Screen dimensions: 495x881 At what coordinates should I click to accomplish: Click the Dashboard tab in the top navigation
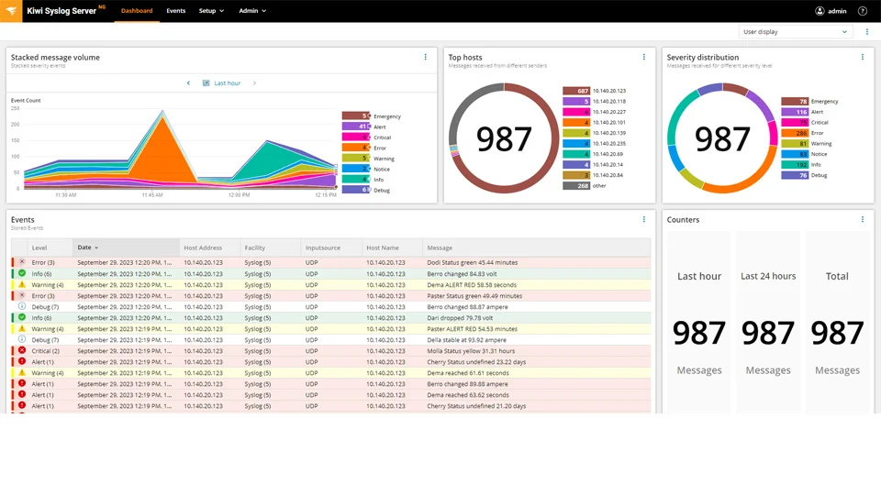[x=137, y=11]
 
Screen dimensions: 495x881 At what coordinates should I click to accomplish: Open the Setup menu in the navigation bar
[x=211, y=11]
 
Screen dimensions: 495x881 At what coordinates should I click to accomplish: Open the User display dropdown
[x=796, y=31]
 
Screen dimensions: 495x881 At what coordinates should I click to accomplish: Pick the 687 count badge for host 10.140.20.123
[x=575, y=91]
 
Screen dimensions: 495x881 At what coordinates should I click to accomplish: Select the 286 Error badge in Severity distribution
[x=794, y=133]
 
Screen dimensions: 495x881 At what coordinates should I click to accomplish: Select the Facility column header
[x=255, y=247]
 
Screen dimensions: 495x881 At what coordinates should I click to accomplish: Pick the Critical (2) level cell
[x=45, y=351]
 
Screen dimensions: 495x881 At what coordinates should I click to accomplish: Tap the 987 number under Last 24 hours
[x=768, y=333]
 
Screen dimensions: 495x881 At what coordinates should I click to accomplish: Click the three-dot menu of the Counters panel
[x=862, y=220]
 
